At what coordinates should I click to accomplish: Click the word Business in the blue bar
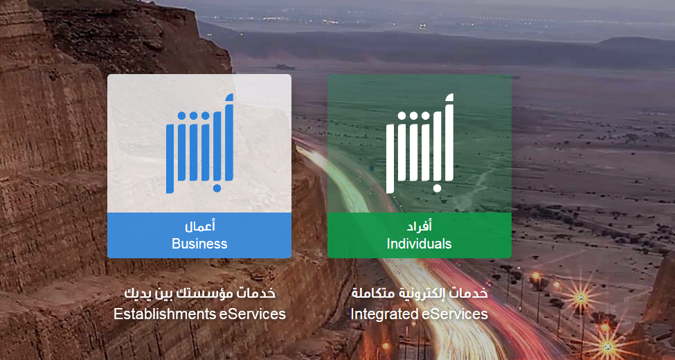point(199,244)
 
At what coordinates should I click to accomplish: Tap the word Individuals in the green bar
point(420,244)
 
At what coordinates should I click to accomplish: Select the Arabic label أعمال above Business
point(200,226)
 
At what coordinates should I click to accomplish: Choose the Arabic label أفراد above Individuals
point(420,226)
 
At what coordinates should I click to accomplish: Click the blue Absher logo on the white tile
point(200,143)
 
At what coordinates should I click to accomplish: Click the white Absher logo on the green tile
point(420,143)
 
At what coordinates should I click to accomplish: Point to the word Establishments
point(165,314)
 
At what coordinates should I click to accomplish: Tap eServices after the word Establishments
point(252,314)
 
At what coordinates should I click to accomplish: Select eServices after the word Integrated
point(454,314)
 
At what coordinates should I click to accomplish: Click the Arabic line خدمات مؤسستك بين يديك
point(200,294)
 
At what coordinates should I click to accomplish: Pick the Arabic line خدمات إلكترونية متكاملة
point(420,294)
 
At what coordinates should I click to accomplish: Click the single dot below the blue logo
point(217,188)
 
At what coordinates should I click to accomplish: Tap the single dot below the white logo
point(437,188)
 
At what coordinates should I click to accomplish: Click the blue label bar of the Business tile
point(199,235)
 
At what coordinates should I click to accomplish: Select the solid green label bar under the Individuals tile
point(420,235)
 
